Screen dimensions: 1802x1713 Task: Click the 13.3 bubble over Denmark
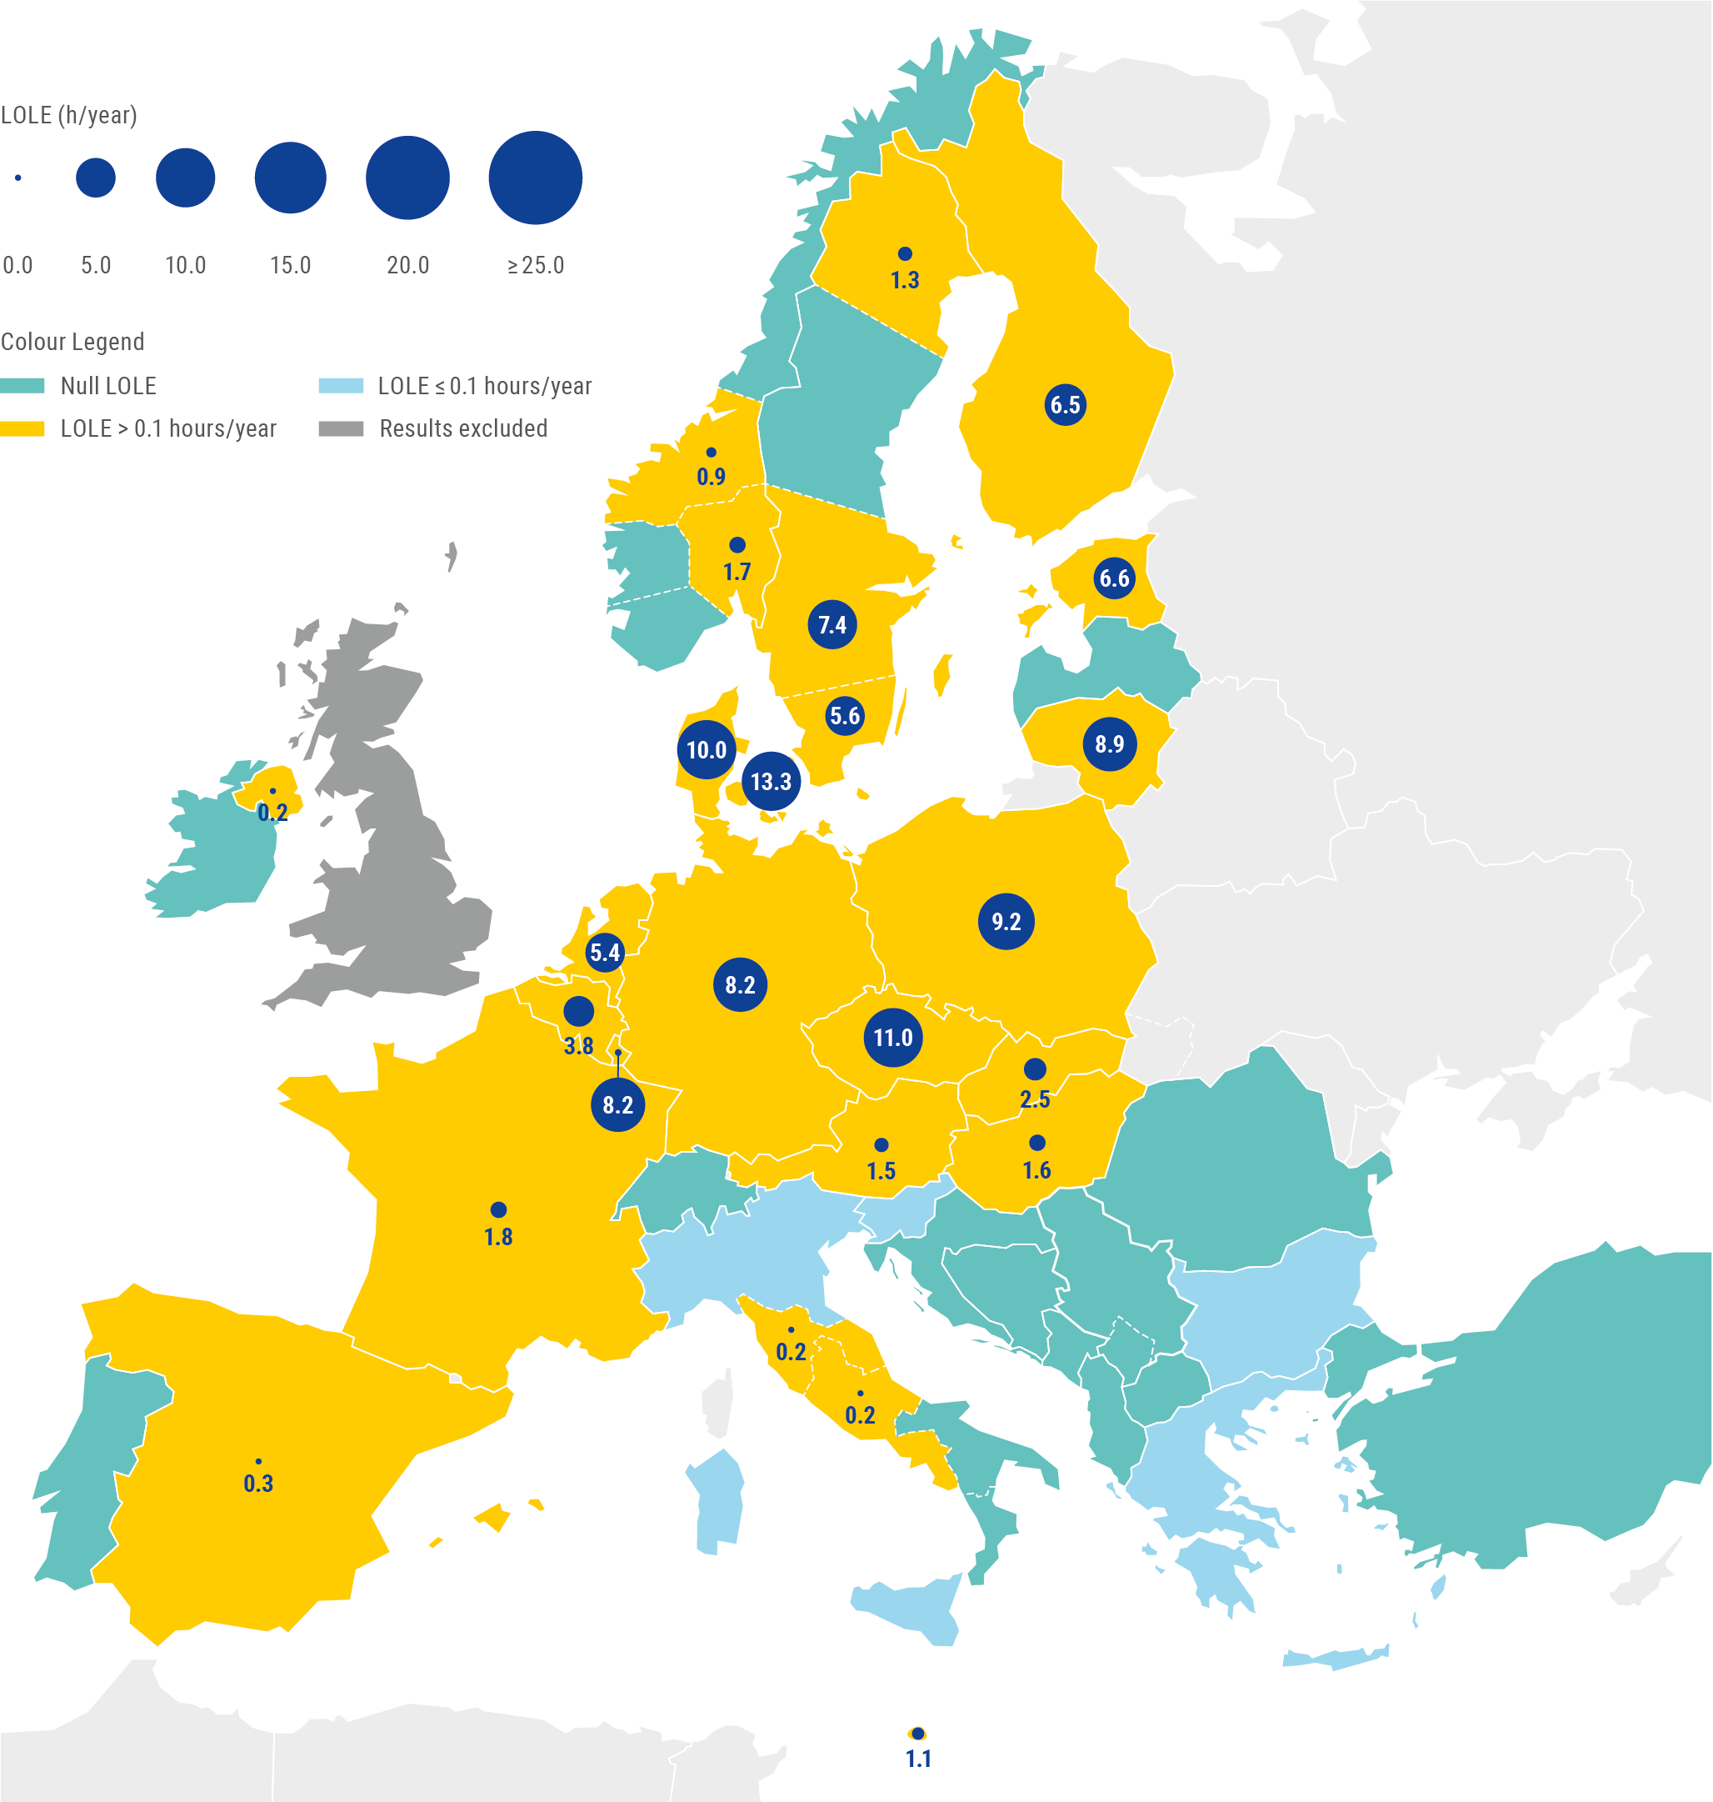771,781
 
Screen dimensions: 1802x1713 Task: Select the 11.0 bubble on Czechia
892,1038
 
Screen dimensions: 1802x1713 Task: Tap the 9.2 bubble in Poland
1006,922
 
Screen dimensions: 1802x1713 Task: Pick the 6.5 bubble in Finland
1065,404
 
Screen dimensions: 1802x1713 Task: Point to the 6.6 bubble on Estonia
1113,578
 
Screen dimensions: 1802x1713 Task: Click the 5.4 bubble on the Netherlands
605,953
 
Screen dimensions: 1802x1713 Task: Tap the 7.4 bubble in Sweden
832,625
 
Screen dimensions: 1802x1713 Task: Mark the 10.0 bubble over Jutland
706,750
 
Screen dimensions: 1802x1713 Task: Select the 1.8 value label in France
497,1237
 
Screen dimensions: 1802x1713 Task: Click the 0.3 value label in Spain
258,1484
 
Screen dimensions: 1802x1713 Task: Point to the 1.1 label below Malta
917,1758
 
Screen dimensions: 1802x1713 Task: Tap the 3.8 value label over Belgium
578,1046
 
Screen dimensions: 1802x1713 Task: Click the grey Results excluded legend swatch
341,428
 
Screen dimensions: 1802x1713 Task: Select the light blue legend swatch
341,385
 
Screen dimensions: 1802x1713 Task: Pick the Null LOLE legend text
107,385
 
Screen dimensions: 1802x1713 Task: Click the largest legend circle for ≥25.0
535,178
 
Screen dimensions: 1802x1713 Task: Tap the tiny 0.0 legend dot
18,178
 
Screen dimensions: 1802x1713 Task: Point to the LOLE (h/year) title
68,115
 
